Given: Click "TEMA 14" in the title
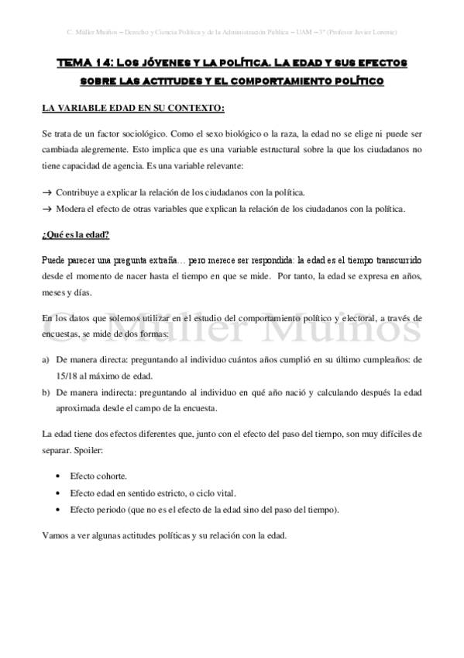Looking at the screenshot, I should (x=84, y=62).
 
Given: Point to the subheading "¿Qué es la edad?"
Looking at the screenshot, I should (x=75, y=235).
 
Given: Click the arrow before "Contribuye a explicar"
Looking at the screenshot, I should (x=46, y=192).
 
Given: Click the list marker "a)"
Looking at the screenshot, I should (x=46, y=360).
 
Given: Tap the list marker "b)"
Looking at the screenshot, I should (x=46, y=392).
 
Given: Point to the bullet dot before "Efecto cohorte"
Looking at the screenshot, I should (x=59, y=476).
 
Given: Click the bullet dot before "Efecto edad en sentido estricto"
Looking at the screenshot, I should (x=59, y=493).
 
